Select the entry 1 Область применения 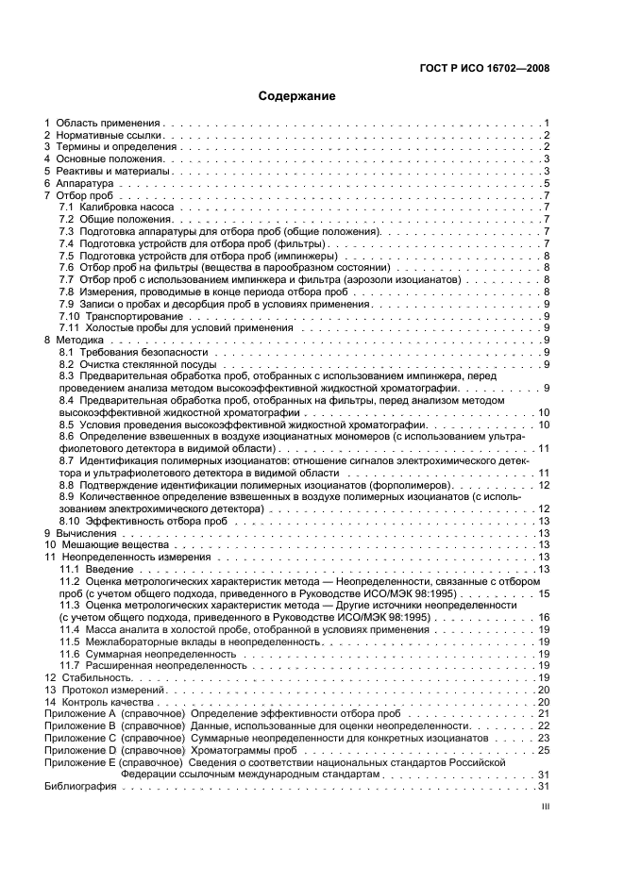104,124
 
